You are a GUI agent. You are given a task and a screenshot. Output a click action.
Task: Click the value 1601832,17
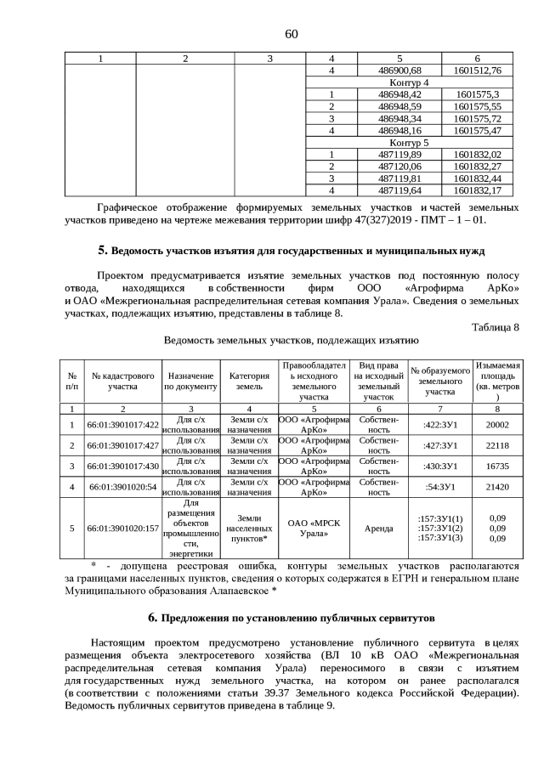478,190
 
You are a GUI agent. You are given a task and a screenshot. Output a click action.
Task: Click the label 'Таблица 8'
495,326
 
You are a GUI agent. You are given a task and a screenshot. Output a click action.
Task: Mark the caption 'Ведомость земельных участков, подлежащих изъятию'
292,342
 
